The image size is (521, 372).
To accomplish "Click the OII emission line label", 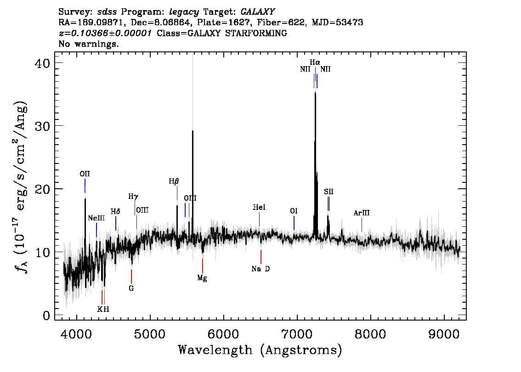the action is [x=85, y=174].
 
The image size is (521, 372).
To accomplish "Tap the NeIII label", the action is [x=96, y=218].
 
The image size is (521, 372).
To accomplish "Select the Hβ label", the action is [x=174, y=181].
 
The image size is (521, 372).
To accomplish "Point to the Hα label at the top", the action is [x=315, y=62].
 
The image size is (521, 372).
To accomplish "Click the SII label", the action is [x=328, y=192].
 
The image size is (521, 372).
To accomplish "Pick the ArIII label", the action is [x=362, y=213].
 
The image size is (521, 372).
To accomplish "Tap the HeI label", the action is [x=259, y=208].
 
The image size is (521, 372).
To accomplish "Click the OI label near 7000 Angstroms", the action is [x=294, y=211].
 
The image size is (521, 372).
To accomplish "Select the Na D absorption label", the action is [x=261, y=269].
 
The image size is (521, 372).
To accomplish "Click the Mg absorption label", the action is [x=202, y=278].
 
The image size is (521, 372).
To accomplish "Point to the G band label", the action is [x=131, y=288].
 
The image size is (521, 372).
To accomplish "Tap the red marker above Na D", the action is [x=261, y=257].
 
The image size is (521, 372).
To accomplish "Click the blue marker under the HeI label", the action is [x=259, y=219].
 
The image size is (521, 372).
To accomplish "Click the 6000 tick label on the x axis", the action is [x=224, y=334].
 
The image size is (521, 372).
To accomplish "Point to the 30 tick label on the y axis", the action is [x=42, y=126].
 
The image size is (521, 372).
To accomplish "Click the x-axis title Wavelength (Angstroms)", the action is [x=260, y=350].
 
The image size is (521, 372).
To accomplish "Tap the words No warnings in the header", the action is [x=88, y=44].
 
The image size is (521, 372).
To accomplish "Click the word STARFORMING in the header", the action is [x=256, y=33].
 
